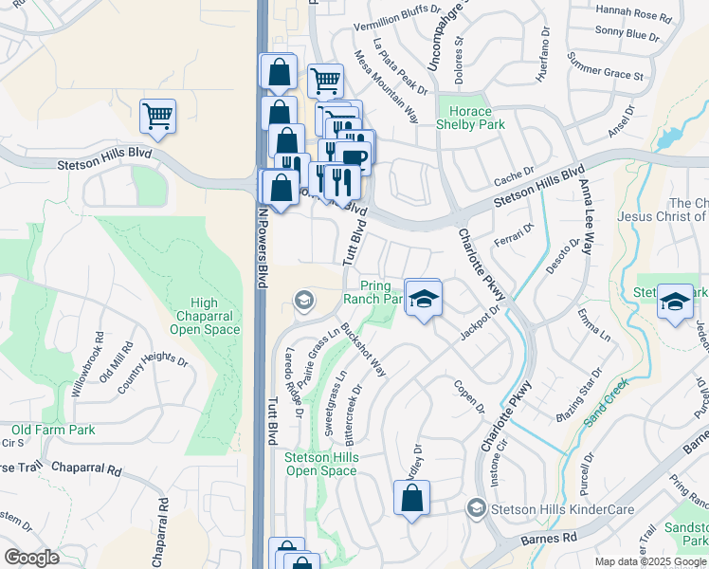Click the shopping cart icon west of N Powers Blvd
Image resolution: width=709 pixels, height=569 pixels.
click(x=157, y=118)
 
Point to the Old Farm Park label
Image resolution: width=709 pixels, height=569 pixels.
click(x=53, y=430)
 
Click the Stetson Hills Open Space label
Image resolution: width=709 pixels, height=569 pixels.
click(x=321, y=464)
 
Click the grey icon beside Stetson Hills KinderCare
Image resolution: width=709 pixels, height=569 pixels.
click(x=476, y=509)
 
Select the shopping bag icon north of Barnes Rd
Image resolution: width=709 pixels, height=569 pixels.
click(x=411, y=498)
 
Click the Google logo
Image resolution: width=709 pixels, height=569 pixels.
click(x=31, y=557)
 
